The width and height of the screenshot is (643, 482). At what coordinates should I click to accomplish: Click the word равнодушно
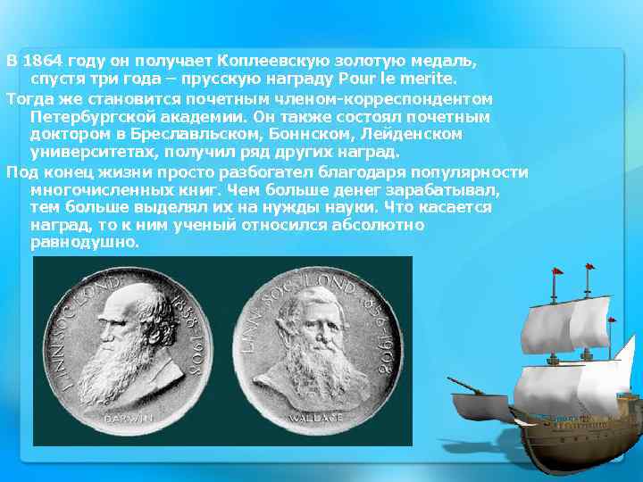tap(85, 242)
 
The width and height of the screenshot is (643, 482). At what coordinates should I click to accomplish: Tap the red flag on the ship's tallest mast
tap(589, 267)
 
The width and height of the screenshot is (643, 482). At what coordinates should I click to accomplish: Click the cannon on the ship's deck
tap(464, 386)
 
